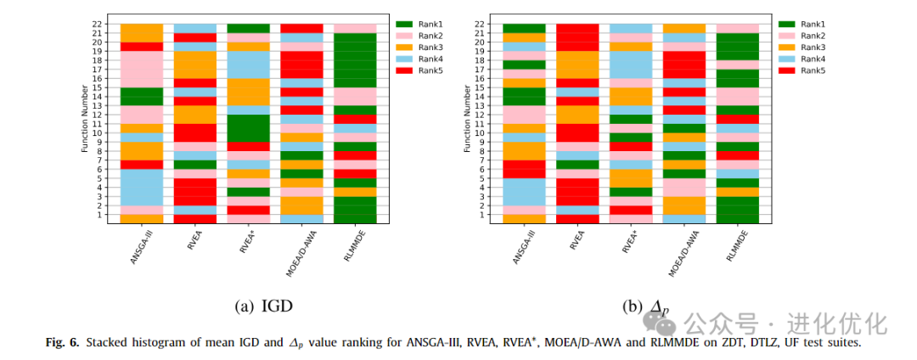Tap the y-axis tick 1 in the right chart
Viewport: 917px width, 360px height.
tap(482, 214)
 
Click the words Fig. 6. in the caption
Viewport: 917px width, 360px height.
tap(61, 342)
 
